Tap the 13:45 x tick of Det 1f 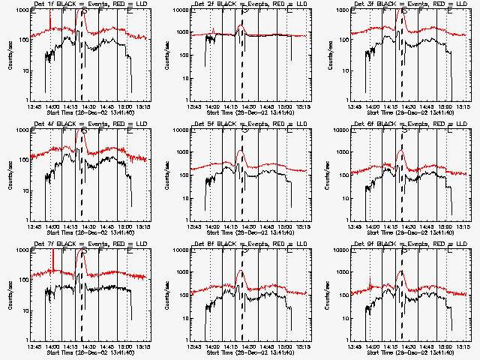[x=34, y=106]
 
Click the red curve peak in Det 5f [x=241, y=151]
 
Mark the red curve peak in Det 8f [x=241, y=271]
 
